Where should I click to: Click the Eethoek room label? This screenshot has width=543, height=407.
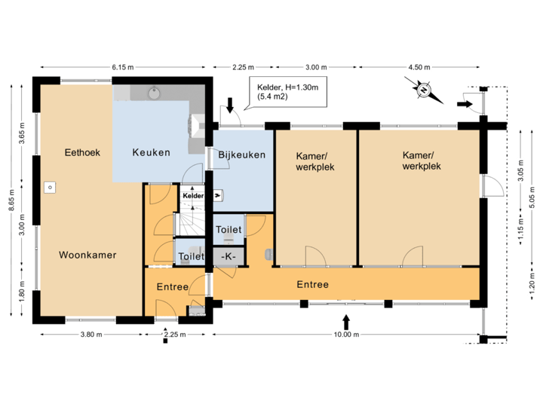coord(82,152)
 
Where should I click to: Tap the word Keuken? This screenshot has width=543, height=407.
coord(151,152)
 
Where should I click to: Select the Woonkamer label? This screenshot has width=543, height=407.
coord(87,256)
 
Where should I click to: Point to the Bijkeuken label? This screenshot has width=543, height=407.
coord(241,155)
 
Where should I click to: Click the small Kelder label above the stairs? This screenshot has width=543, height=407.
coord(193,195)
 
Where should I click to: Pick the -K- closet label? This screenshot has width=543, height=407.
coord(229,257)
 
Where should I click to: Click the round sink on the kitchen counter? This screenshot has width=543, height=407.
coord(155,93)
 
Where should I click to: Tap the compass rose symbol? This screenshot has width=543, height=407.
coord(425,90)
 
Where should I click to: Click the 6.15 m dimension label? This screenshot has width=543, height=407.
coord(122,67)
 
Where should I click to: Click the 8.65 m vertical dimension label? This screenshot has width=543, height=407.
coord(11,201)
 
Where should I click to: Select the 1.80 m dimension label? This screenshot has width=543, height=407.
coord(22,289)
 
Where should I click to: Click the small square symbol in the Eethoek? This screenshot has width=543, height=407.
coord(50,186)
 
